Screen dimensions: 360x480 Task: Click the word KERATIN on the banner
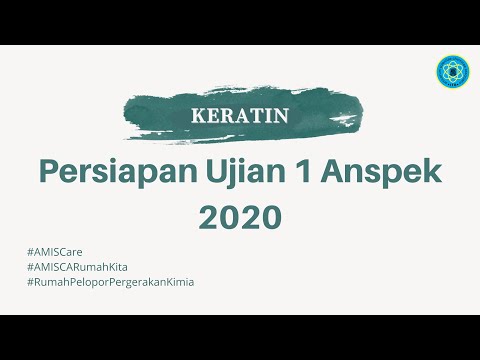pyautogui.click(x=239, y=114)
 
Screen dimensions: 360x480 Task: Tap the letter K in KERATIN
pyautogui.click(x=197, y=114)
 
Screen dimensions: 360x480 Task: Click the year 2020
pyautogui.click(x=240, y=216)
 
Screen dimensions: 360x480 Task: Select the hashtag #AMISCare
pyautogui.click(x=57, y=252)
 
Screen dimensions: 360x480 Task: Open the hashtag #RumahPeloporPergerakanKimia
pyautogui.click(x=111, y=282)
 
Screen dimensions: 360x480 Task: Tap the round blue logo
pyautogui.click(x=452, y=72)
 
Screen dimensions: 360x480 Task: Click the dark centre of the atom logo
pyautogui.click(x=452, y=72)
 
